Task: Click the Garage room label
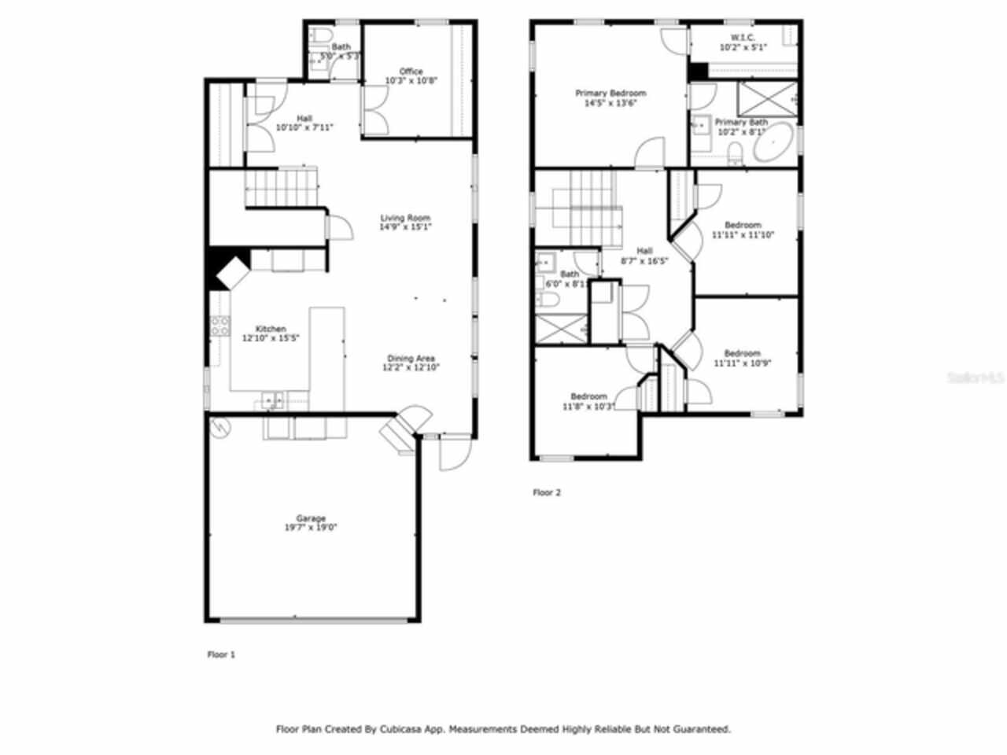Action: (x=311, y=518)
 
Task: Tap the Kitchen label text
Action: (x=271, y=329)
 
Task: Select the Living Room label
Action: (x=405, y=218)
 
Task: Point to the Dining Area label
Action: (x=411, y=359)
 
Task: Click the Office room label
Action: (x=411, y=72)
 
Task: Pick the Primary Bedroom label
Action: (x=610, y=93)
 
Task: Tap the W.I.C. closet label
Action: (x=743, y=38)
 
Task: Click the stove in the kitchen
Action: (x=219, y=325)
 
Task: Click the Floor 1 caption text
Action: (x=221, y=654)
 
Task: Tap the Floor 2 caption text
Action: (x=547, y=493)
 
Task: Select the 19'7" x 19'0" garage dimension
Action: (x=311, y=528)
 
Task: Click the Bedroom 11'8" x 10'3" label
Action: (x=588, y=396)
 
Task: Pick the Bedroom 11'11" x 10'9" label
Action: (x=742, y=354)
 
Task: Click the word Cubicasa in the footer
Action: (x=403, y=729)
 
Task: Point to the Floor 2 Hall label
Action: (x=644, y=251)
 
